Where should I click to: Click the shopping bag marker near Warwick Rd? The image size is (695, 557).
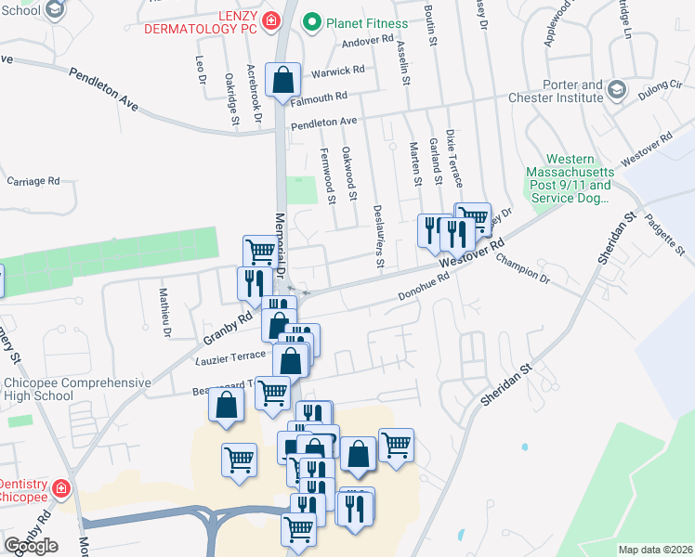(282, 80)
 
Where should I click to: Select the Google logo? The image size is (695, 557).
(31, 545)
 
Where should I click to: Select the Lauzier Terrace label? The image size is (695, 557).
(232, 357)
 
